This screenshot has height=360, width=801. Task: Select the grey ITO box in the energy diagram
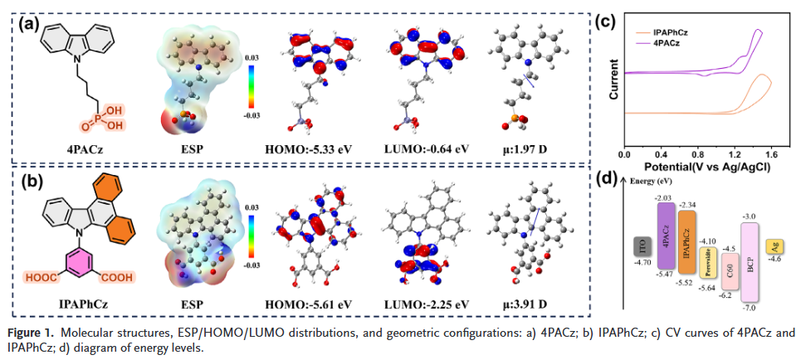641,246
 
